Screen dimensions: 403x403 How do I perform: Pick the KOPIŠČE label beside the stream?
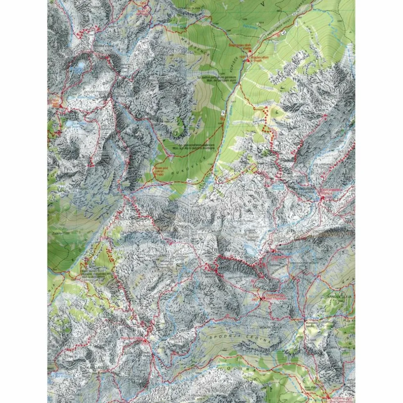[x=237, y=54]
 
